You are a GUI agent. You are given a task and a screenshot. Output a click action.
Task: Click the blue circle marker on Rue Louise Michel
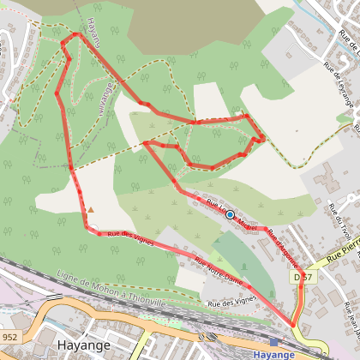click(230, 215)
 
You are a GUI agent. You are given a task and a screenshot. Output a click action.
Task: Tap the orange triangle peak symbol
click(90, 209)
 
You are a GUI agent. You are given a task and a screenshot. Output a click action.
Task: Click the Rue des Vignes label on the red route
click(130, 237)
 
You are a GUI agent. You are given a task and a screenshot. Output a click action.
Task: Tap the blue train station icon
click(273, 341)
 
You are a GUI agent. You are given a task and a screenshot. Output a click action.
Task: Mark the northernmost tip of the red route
click(75, 34)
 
